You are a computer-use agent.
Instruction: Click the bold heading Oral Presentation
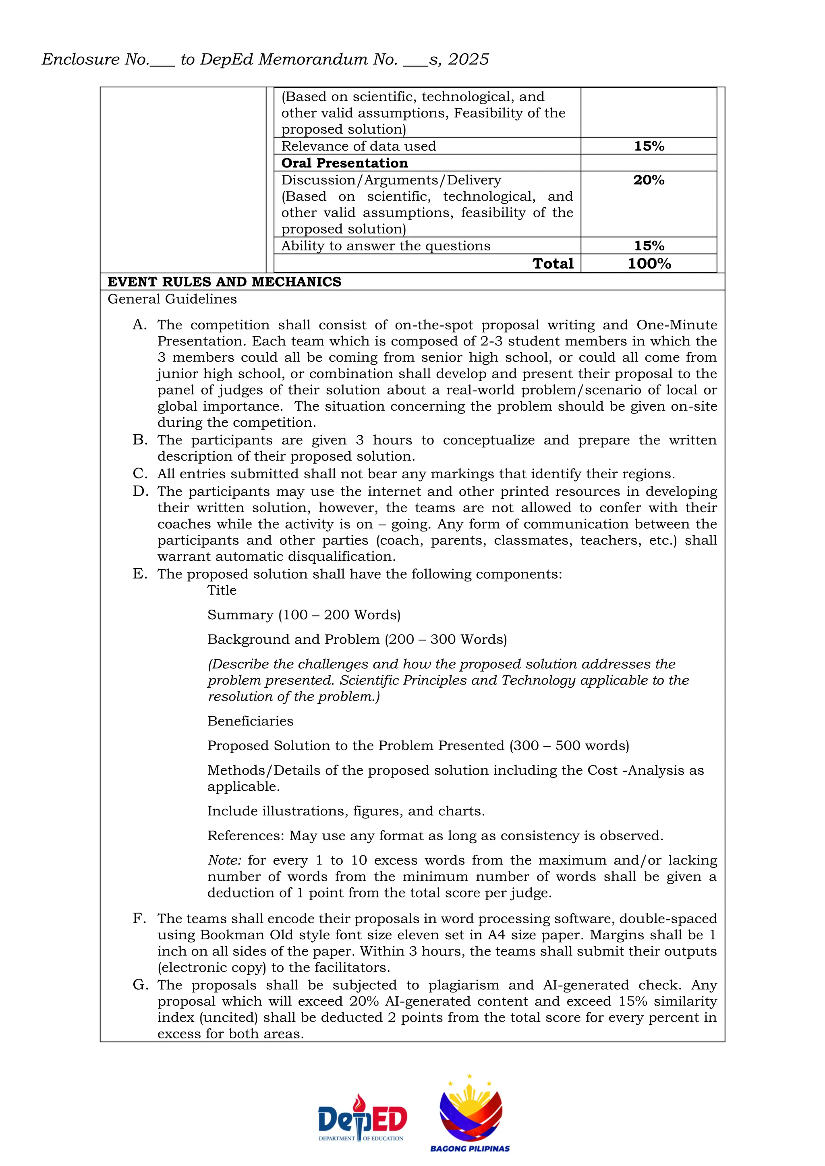click(344, 163)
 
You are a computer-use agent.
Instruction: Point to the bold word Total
click(553, 264)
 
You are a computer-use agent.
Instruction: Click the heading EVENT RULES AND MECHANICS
click(224, 282)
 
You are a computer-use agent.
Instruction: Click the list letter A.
click(139, 325)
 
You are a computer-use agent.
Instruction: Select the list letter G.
click(140, 985)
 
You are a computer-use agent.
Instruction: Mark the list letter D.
click(140, 492)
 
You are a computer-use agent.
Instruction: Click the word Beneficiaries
click(250, 721)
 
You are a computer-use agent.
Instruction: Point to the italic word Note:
click(224, 860)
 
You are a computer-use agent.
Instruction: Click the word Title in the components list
click(222, 590)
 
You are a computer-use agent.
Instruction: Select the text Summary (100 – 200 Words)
click(304, 615)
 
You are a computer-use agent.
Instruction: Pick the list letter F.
click(139, 919)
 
